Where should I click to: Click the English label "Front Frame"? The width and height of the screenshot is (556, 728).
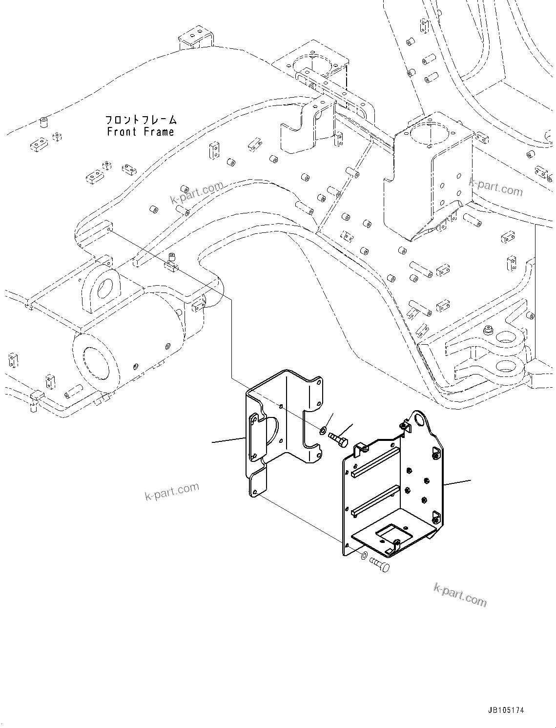pos(141,132)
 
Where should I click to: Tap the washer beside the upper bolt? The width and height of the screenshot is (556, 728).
pos(324,431)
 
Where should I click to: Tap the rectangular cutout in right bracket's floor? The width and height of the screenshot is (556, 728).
pos(391,532)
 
